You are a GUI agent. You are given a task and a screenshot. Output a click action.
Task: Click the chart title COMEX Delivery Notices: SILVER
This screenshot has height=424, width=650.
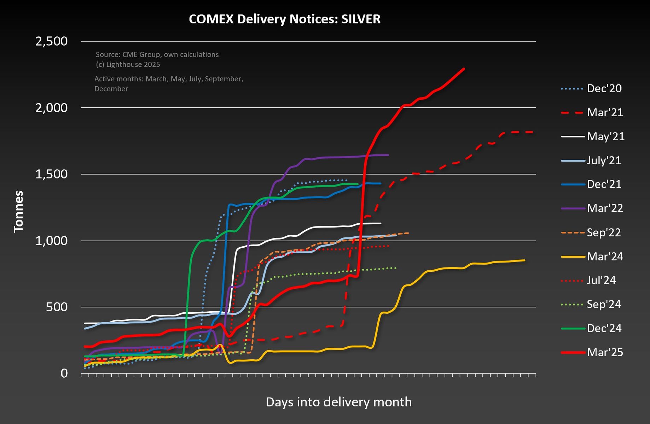point(285,19)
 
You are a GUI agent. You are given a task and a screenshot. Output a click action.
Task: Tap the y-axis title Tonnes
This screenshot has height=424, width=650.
point(18,211)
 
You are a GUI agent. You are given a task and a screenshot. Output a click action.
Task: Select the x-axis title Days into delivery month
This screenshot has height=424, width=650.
point(338,402)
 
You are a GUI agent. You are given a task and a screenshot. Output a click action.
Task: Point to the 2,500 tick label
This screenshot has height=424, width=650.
point(52,41)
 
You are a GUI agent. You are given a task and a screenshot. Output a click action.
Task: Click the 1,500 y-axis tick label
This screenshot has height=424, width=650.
point(52,174)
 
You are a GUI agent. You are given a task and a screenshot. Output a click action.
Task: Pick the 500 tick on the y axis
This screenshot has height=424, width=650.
point(57,307)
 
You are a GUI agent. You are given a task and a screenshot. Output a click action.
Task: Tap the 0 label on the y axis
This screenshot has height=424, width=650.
point(64,373)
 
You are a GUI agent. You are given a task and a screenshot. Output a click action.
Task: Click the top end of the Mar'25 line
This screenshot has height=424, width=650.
point(464,69)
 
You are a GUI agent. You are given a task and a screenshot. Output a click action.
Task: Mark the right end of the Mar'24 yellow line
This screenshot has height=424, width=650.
point(524,260)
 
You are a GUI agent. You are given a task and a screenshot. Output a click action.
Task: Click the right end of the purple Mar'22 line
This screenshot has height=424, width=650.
point(388,155)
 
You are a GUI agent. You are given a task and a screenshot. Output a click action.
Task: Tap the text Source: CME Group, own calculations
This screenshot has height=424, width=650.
point(157,55)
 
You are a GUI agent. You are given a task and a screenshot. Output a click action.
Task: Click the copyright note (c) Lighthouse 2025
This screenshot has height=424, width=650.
point(128,65)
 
